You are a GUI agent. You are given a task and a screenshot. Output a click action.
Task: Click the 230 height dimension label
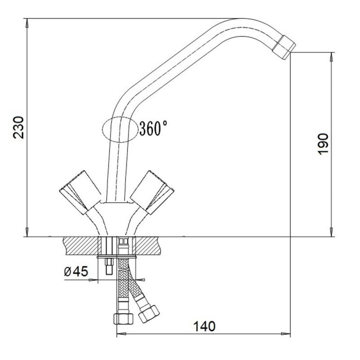point(18,127)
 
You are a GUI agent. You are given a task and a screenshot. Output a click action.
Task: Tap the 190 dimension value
point(323,144)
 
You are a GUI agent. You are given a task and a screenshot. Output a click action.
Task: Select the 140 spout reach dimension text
point(204,326)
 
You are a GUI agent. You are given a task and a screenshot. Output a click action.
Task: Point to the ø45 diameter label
point(76,271)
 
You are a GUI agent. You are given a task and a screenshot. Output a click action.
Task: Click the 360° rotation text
point(153,128)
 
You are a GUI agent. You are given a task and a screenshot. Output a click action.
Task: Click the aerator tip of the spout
point(284,47)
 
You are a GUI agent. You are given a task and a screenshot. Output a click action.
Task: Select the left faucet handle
point(80,193)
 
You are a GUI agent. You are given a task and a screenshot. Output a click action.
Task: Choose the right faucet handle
point(152,193)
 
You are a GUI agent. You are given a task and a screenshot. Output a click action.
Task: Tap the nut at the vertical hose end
point(123,319)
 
